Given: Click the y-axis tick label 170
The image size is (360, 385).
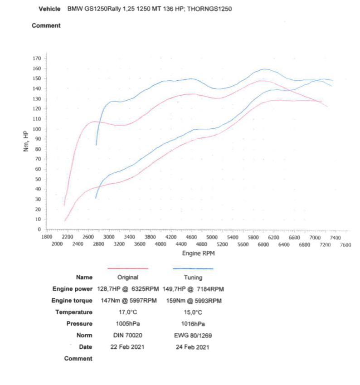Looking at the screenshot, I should click(x=37, y=58).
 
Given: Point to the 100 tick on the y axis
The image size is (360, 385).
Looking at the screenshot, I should click(x=37, y=129).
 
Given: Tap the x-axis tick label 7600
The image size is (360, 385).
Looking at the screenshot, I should click(x=345, y=244).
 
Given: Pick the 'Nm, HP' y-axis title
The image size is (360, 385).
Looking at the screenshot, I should click(x=26, y=141).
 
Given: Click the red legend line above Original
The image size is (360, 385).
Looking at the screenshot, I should click(x=127, y=268).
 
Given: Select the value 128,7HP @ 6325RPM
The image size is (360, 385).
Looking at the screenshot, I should click(x=128, y=289).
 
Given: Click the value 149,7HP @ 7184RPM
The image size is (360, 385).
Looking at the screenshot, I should click(x=193, y=289).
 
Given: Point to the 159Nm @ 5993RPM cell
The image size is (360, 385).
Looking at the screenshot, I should click(x=193, y=301).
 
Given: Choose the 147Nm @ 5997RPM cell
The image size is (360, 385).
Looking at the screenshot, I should click(x=128, y=301).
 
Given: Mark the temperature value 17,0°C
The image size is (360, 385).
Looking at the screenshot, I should click(x=128, y=312).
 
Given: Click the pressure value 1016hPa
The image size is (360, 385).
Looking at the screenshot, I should click(x=193, y=324).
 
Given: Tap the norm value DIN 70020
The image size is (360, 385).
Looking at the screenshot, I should click(x=128, y=336).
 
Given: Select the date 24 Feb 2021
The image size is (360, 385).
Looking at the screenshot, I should click(x=193, y=347).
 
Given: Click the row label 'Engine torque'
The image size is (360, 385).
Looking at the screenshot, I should click(x=72, y=301).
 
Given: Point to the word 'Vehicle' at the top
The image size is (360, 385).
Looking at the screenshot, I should click(x=50, y=9).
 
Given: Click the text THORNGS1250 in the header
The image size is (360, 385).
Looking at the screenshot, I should click(x=209, y=9).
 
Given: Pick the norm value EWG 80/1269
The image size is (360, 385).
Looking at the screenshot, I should click(x=193, y=336).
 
